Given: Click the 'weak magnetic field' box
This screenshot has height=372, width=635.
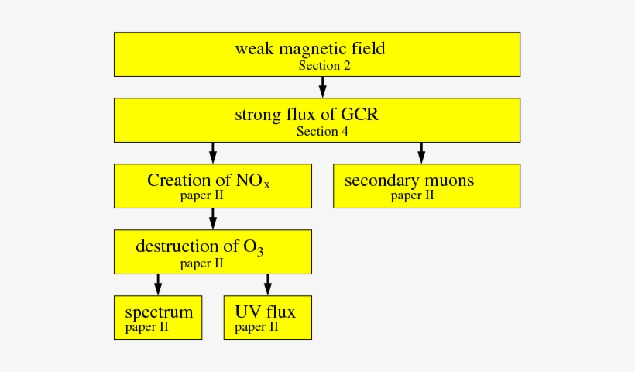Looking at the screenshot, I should click(317, 54).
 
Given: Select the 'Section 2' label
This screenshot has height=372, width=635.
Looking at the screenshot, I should click(324, 67).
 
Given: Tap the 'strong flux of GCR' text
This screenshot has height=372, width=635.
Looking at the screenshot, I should click(306, 115).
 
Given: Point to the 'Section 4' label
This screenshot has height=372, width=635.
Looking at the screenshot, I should click(322, 132).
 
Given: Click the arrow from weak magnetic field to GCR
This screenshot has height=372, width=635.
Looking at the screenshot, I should click(322, 86).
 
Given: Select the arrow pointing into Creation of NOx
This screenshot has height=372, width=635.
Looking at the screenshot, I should click(213, 152).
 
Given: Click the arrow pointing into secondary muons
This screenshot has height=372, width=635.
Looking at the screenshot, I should click(421, 152).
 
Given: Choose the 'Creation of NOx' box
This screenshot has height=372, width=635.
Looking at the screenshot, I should click(213, 186).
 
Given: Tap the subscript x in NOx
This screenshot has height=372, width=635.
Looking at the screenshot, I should click(266, 186).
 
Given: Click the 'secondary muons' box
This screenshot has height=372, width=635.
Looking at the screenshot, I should click(426, 186).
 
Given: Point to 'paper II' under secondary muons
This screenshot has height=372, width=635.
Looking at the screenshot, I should click(412, 196).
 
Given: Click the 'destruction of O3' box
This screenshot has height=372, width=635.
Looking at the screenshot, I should click(213, 252).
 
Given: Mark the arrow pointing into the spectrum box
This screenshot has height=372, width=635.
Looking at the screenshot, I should click(159, 284).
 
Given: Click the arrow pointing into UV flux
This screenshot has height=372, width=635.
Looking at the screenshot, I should click(268, 284).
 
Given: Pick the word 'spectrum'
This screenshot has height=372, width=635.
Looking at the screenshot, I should click(159, 313).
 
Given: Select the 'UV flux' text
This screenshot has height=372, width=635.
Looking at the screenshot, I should click(265, 313).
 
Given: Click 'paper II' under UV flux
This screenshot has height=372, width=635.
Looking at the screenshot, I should click(256, 328).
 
